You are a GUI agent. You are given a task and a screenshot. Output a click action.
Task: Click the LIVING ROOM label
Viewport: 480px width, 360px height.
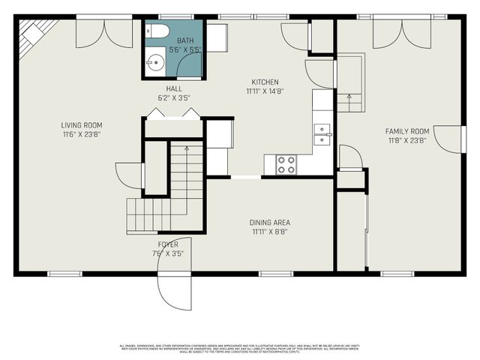82,125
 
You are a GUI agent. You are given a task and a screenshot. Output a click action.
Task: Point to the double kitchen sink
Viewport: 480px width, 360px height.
322,133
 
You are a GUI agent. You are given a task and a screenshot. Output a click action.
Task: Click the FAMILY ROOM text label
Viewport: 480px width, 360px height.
406,130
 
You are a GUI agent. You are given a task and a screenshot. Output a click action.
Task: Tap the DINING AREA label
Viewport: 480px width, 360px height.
270,223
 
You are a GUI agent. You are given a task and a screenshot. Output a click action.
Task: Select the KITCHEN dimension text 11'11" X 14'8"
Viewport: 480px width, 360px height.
265,91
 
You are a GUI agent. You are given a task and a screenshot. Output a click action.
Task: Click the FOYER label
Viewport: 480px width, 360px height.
168,245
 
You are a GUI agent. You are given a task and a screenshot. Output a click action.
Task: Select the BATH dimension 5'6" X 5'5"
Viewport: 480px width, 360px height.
184,49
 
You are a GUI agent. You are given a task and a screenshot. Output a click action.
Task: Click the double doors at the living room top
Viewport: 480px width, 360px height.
105,32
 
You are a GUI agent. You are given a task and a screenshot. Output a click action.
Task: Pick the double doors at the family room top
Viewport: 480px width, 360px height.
402,32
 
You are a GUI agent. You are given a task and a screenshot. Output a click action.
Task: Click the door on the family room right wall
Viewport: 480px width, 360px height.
450,139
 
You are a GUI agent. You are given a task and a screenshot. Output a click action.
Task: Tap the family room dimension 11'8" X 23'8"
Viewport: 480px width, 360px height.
406,140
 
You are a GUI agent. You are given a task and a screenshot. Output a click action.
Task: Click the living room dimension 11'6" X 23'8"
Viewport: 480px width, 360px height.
82,135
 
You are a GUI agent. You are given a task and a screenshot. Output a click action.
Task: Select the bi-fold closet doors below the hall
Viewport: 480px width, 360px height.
172,114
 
